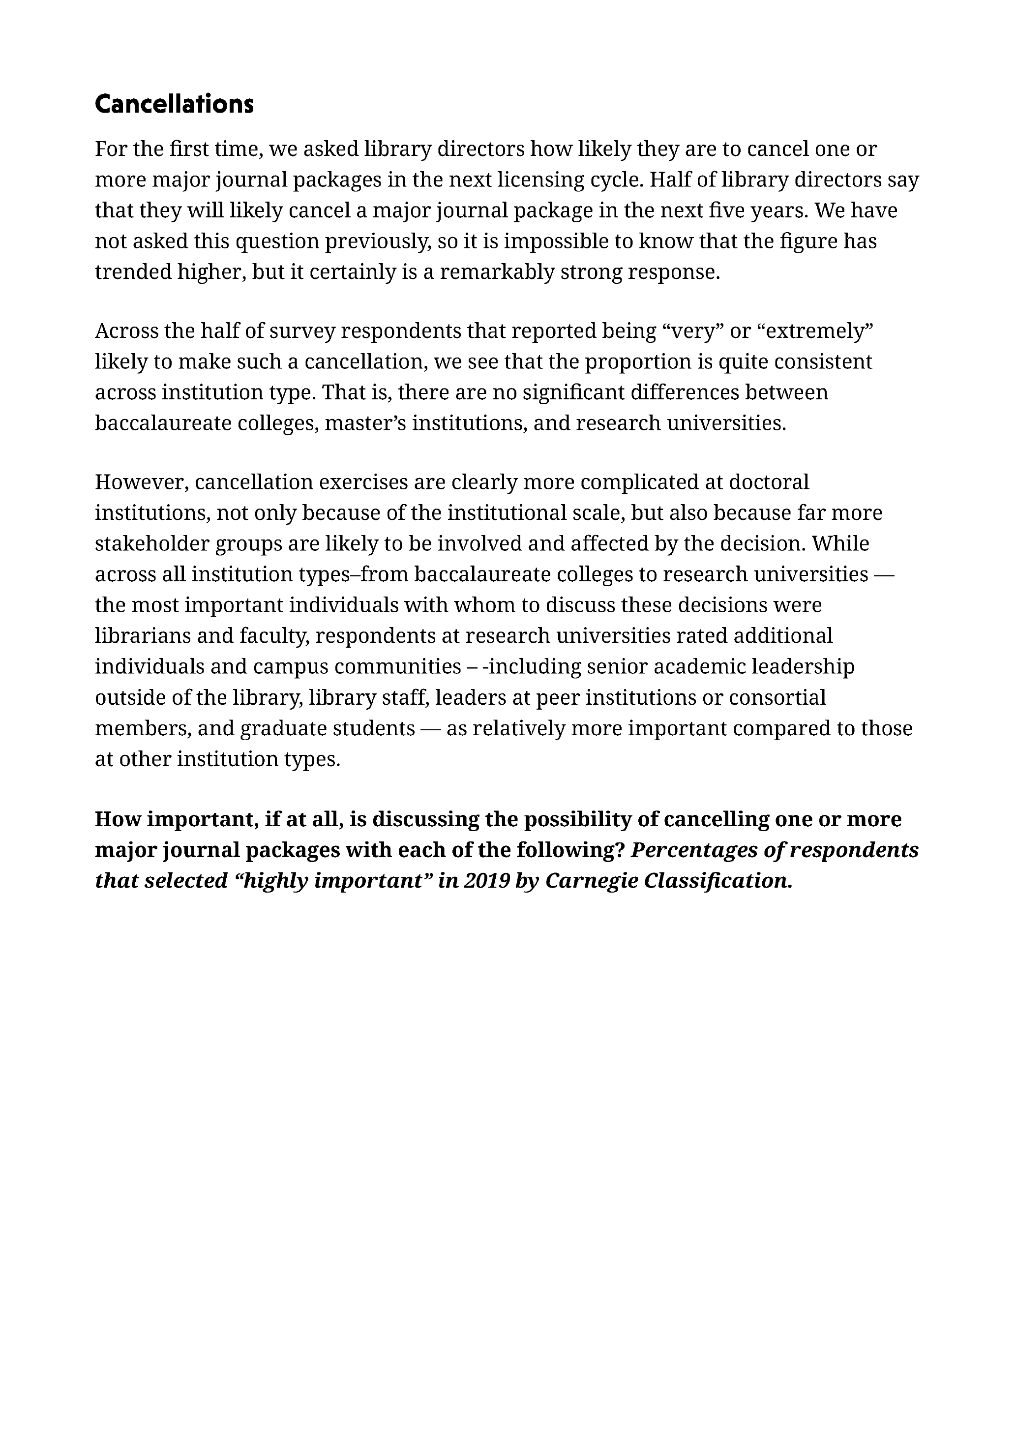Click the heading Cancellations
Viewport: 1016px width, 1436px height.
point(174,104)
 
